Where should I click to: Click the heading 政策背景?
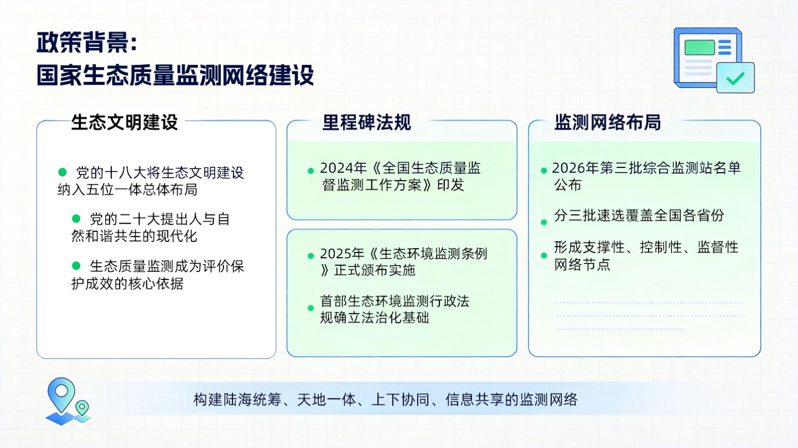coord(83,43)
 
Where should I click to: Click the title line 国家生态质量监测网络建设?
coord(176,75)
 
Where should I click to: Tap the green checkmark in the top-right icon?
coord(735,79)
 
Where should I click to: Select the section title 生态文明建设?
coord(124,122)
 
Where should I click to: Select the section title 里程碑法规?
coord(367,122)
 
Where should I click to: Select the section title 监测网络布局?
coord(608,122)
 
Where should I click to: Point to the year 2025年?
coord(342,253)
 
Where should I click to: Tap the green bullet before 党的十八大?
coord(62,172)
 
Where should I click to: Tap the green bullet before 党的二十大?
coord(76,218)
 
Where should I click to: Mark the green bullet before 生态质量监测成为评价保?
coord(76,266)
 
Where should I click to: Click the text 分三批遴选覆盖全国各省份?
coord(639,216)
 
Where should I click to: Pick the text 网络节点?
coord(582,265)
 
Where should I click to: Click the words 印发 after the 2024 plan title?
coord(451,185)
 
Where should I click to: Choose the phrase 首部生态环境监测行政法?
coord(395,301)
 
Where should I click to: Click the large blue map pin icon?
coord(61,393)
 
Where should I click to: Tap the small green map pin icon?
coord(82,408)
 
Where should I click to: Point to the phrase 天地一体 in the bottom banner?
coord(326,400)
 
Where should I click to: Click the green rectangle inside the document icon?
coord(699,47)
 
